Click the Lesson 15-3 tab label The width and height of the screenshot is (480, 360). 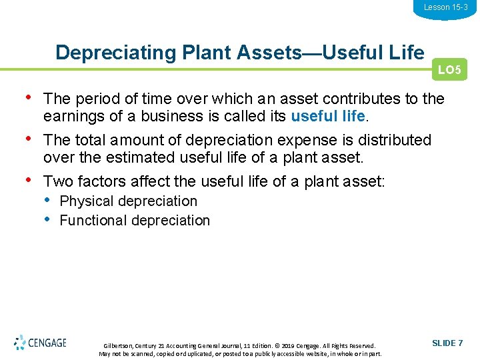(445, 7)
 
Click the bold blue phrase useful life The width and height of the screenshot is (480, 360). (328, 116)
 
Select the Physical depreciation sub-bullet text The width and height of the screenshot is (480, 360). (129, 201)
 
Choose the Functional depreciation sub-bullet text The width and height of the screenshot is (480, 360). (135, 221)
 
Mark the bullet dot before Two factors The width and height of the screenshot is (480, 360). (27, 180)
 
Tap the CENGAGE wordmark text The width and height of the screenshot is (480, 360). (48, 343)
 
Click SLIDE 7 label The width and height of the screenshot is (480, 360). (447, 343)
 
